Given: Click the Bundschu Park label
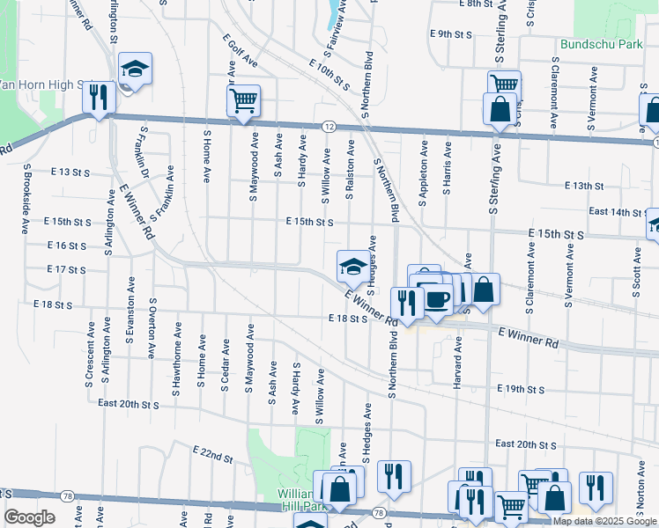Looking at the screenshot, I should click(x=601, y=43).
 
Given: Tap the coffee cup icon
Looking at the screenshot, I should click(x=437, y=299).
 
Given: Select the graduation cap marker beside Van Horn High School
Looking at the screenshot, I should click(x=135, y=70).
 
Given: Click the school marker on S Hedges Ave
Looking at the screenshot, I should click(x=353, y=265).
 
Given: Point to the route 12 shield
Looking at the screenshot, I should click(x=328, y=127).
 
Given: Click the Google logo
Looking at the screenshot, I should click(x=29, y=517).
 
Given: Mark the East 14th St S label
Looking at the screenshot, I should click(x=616, y=212).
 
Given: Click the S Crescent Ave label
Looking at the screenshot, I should click(x=90, y=354).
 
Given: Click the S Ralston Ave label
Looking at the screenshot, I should click(x=351, y=167).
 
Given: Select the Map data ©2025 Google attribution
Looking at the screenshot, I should click(x=605, y=521).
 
